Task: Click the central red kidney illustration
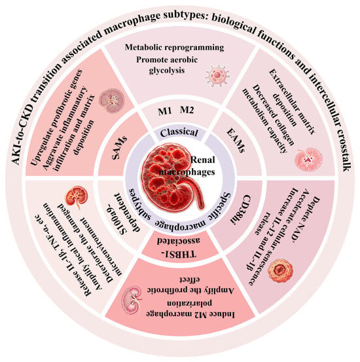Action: point(173,177)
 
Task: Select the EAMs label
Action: point(236,141)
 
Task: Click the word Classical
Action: point(179,133)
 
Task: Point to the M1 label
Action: point(165,111)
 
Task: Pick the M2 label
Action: point(187,110)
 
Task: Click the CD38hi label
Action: point(240,209)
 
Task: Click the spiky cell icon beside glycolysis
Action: point(217,75)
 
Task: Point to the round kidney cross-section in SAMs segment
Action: point(112,101)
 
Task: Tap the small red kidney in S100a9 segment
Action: point(76,196)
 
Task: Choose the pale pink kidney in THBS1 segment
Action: point(132,300)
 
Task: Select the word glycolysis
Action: point(167,70)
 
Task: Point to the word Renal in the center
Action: point(203,160)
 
